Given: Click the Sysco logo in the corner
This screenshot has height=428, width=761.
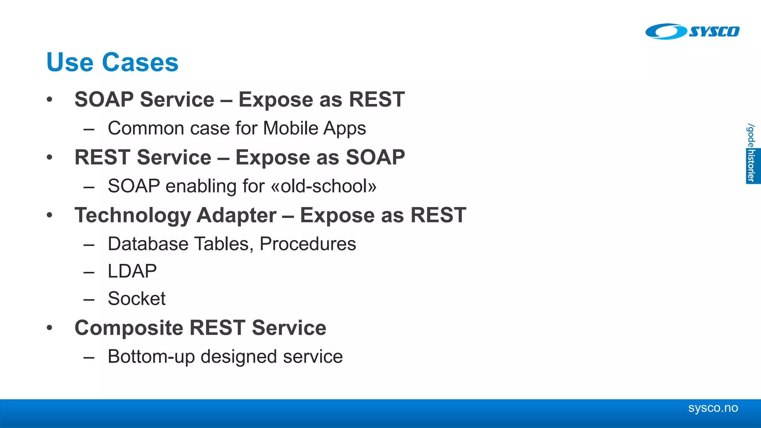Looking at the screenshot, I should pos(692,32).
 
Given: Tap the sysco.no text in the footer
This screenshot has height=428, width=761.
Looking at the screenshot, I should pos(713,408).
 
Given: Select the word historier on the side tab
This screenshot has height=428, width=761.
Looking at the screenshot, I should pos(752,166).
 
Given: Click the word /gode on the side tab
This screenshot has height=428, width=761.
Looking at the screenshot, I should pos(751,135).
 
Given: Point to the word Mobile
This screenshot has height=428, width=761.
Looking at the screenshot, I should pos(291,129).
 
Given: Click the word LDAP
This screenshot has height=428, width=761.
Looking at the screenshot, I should pos(132,271).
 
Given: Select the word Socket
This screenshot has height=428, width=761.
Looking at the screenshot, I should pos(136,299).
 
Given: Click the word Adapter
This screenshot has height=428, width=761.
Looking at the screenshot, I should pos(236,216).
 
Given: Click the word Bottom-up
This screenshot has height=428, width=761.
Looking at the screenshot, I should pos(151,357).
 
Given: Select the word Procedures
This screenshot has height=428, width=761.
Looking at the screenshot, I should pos(308,244).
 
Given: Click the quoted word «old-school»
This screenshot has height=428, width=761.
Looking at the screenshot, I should pos(324,187).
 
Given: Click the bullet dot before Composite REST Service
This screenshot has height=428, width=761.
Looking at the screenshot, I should pos(50,328).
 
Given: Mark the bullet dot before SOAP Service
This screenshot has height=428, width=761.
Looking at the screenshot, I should pos(50,100).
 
